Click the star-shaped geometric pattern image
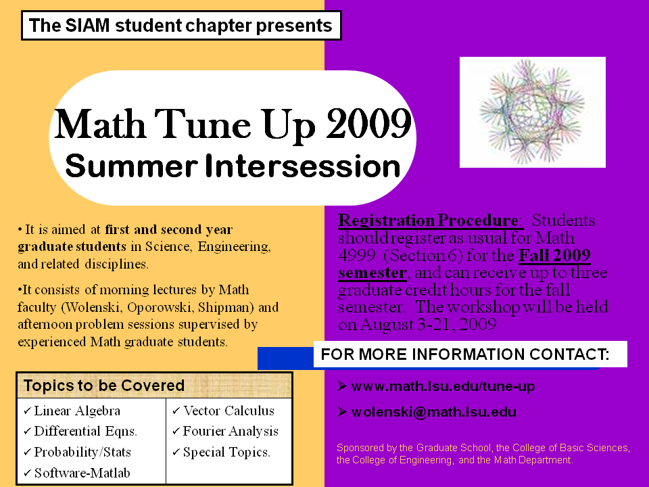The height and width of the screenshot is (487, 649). (x=532, y=112)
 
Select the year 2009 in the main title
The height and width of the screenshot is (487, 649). (x=369, y=124)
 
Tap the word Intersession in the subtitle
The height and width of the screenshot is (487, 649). (x=303, y=166)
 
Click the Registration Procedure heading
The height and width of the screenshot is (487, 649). (x=428, y=221)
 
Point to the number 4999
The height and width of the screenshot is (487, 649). (x=357, y=256)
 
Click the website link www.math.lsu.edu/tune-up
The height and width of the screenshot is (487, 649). (x=443, y=386)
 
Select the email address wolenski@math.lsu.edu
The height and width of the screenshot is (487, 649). (x=434, y=413)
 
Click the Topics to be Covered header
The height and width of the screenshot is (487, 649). (x=104, y=386)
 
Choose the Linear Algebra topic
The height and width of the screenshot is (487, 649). (x=77, y=411)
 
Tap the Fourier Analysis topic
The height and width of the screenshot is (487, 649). (x=231, y=432)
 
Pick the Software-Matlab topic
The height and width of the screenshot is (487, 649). (x=82, y=473)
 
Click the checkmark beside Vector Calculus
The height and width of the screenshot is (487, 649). (x=176, y=411)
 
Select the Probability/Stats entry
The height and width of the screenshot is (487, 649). (x=82, y=453)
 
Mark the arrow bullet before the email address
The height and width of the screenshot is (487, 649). (x=342, y=412)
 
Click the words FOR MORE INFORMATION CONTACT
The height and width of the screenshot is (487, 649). (x=465, y=354)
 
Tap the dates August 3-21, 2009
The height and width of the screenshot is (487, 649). (x=428, y=324)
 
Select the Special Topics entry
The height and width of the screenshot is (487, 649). (x=226, y=453)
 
